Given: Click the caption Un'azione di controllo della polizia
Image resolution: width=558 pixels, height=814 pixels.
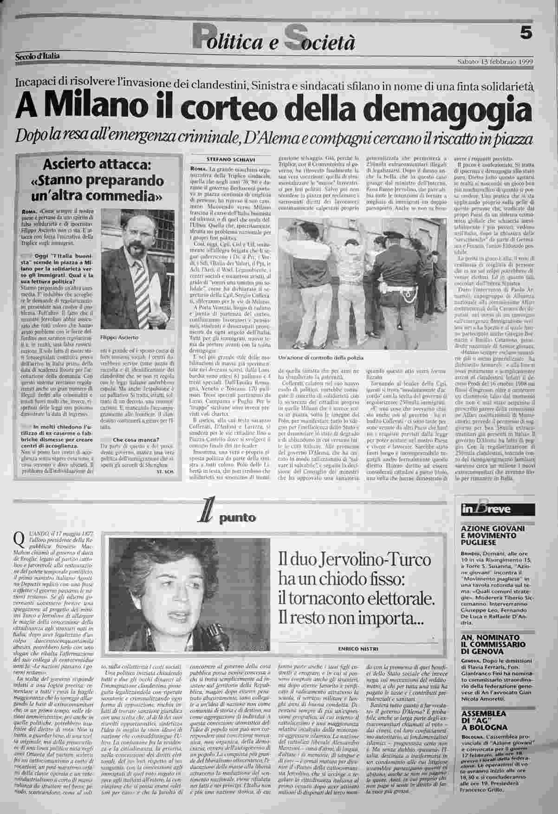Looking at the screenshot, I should (x=320, y=357).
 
